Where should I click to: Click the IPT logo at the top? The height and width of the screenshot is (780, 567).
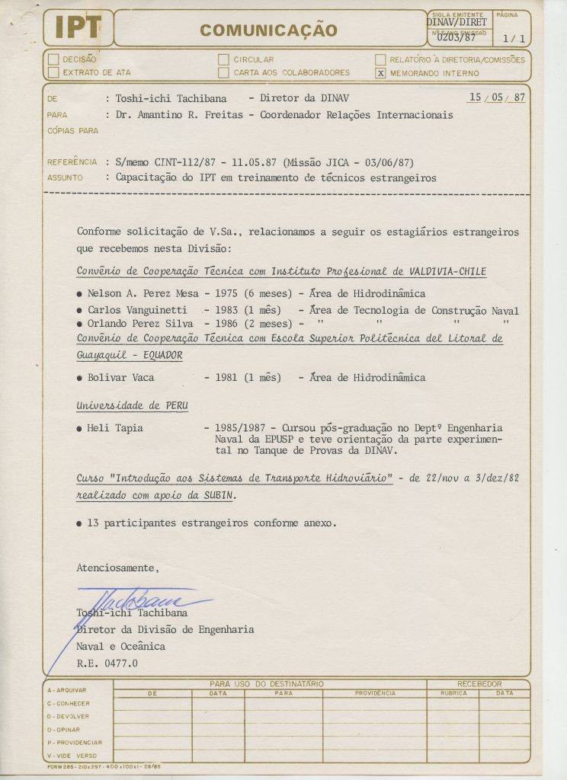(78, 29)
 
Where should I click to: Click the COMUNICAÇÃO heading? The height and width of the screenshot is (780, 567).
(267, 30)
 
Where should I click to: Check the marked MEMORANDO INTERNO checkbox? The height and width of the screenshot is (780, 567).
(380, 73)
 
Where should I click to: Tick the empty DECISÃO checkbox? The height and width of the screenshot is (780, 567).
(53, 59)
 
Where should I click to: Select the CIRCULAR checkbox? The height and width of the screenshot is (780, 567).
(223, 59)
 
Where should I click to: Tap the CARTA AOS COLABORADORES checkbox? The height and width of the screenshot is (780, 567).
(223, 73)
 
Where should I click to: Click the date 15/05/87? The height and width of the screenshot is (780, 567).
(497, 98)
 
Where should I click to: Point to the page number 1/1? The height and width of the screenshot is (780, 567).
(513, 38)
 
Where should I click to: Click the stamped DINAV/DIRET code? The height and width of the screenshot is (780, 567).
(456, 22)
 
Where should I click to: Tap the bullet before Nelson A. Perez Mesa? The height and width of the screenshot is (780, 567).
(80, 294)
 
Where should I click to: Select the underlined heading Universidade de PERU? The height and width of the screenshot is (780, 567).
(132, 405)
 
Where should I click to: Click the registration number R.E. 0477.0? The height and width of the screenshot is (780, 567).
(107, 663)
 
